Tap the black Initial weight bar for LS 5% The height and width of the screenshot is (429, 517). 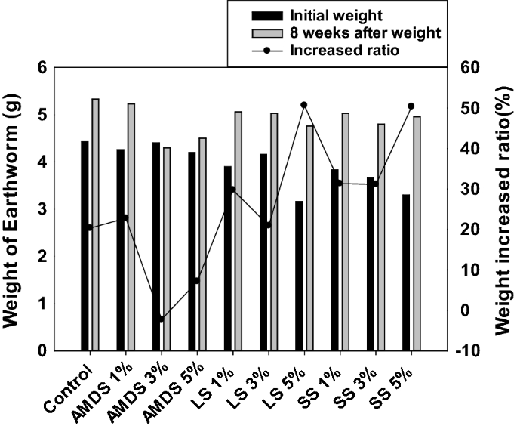coord(299,276)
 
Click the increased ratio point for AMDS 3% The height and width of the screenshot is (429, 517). coord(161,319)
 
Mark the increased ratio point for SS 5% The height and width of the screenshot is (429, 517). coord(411,106)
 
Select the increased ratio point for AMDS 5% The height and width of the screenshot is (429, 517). coord(196,280)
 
